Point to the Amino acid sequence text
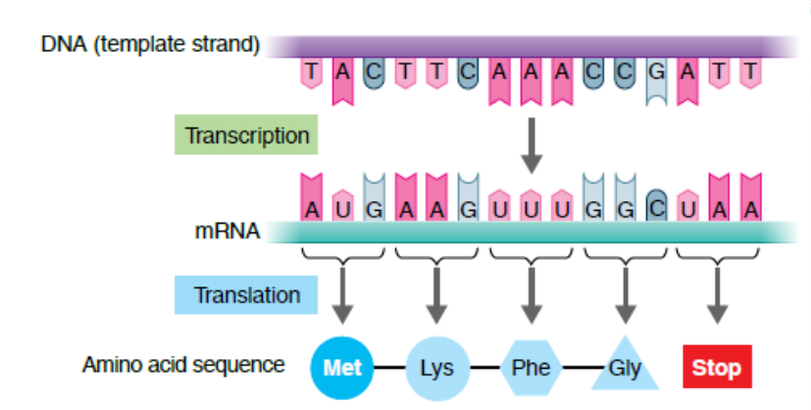coord(183,366)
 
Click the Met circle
coord(342,368)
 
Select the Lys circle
coord(436,368)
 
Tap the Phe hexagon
coord(531,368)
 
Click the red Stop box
coord(717,368)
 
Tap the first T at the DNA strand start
coord(311,72)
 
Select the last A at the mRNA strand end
coord(750,208)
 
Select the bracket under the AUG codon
coord(342,257)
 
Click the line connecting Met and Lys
coord(389,369)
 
